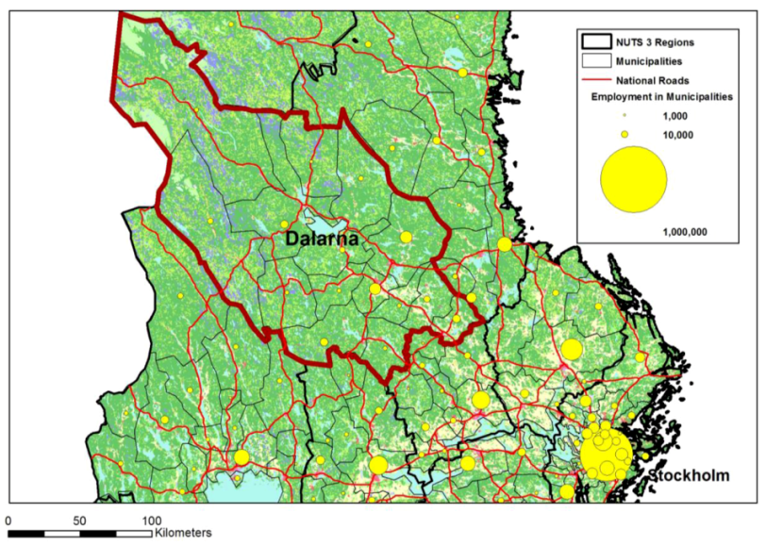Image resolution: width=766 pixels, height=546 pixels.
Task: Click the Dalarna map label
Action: (x=322, y=240)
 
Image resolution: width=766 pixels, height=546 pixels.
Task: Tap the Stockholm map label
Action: (x=689, y=476)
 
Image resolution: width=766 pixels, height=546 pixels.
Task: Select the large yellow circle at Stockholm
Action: (x=606, y=453)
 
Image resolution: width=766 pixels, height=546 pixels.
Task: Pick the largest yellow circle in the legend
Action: (x=634, y=179)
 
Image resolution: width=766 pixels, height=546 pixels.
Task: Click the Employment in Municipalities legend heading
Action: (x=662, y=97)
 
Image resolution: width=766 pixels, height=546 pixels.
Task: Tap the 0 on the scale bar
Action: (x=8, y=520)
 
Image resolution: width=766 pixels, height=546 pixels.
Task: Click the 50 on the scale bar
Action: (x=79, y=520)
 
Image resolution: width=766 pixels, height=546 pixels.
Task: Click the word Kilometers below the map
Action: (x=183, y=533)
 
